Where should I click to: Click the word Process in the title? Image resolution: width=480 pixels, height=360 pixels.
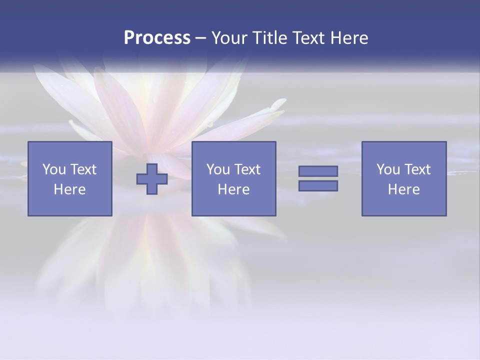click(157, 38)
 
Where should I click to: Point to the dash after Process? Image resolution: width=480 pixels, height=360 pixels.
click(200, 38)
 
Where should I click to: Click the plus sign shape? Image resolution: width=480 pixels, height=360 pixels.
click(152, 179)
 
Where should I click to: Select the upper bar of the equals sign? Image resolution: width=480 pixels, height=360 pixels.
click(318, 171)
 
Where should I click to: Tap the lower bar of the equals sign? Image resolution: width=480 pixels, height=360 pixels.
click(318, 185)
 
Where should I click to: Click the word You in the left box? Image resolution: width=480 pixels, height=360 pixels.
click(54, 169)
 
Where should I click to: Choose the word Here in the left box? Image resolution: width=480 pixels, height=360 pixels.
click(69, 189)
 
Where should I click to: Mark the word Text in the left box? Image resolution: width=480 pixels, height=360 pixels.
click(82, 169)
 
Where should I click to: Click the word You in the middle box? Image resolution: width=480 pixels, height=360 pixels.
click(218, 169)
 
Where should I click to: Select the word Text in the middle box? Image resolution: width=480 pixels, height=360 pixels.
click(246, 169)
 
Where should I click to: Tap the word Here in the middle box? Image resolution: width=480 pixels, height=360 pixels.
click(233, 189)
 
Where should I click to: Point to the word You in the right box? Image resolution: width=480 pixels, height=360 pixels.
click(388, 169)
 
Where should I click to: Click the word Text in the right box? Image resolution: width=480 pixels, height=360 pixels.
click(416, 169)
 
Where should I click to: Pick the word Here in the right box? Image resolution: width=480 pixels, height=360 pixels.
click(403, 189)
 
